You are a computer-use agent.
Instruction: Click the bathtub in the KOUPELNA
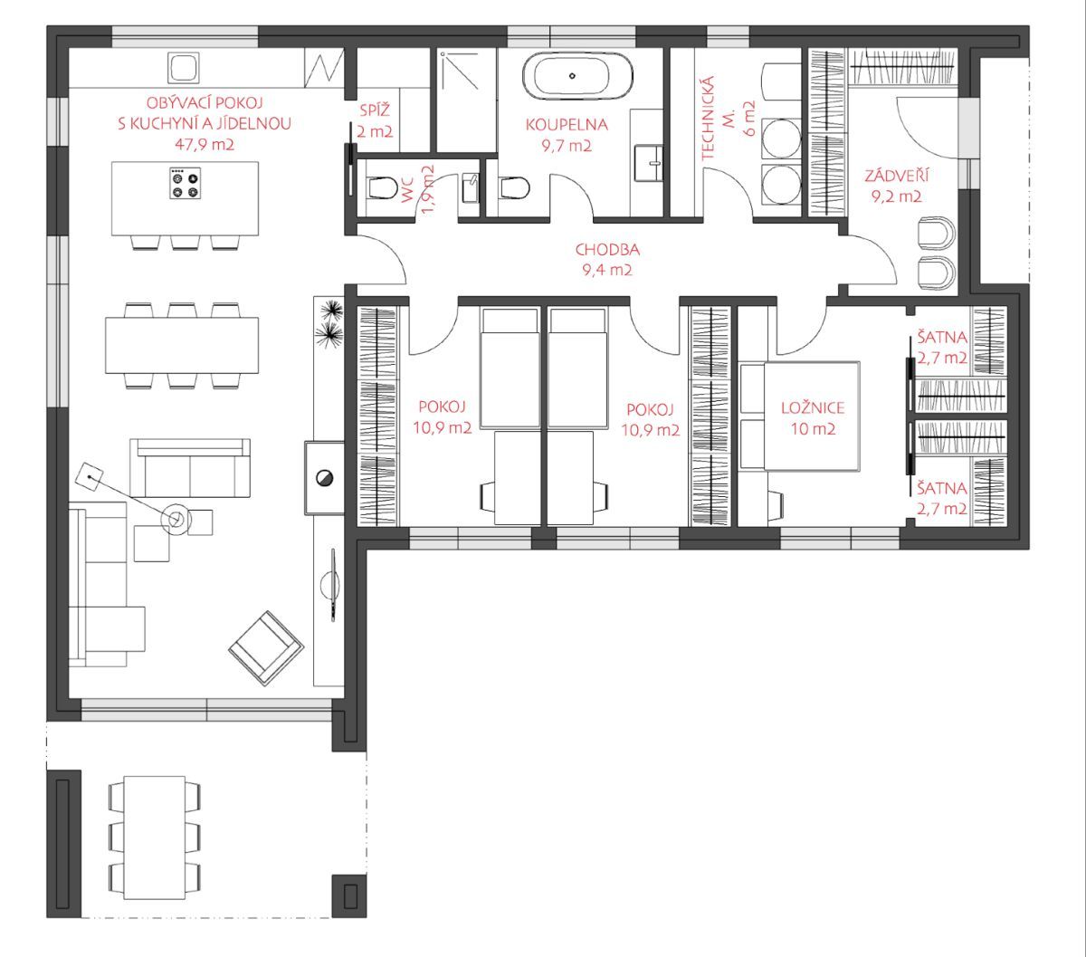(577, 76)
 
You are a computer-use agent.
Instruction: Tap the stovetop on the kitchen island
(185, 184)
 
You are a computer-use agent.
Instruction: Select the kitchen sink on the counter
(184, 67)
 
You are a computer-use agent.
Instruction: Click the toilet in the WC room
(381, 187)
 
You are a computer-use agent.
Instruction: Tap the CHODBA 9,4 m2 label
(607, 260)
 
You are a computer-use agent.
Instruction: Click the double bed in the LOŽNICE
(800, 416)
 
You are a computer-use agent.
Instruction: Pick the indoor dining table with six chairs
(182, 346)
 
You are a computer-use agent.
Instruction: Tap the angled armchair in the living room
(266, 647)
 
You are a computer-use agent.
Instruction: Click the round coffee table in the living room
(176, 519)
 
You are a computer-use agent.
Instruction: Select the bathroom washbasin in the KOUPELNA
(649, 163)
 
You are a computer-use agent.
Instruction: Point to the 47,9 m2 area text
(205, 144)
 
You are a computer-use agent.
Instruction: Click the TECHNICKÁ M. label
(728, 118)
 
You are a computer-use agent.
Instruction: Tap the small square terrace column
(349, 895)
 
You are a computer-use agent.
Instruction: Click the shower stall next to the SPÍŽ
(466, 100)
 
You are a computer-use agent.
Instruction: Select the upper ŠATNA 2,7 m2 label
(942, 347)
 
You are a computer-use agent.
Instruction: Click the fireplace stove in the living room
(324, 477)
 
